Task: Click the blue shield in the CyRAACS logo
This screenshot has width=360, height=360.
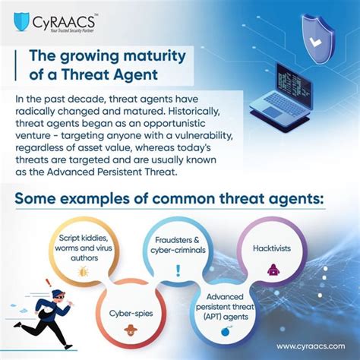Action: point(21,22)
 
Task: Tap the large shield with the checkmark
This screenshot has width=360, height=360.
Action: point(317,39)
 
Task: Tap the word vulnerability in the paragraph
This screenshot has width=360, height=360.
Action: point(203,136)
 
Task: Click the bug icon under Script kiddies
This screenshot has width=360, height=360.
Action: point(83,271)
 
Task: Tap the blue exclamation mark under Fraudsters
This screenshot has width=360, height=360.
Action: point(178,270)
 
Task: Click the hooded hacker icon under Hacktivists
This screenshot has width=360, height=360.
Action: point(273,270)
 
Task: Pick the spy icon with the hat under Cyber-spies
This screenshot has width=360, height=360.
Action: point(131,330)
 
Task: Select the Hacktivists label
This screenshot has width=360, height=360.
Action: point(272,248)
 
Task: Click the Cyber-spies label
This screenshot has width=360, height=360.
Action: point(131,314)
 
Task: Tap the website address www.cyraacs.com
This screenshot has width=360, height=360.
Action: point(311,346)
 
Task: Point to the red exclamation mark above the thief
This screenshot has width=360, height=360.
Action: point(48,283)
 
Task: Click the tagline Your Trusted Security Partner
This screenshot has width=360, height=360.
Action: point(72,30)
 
